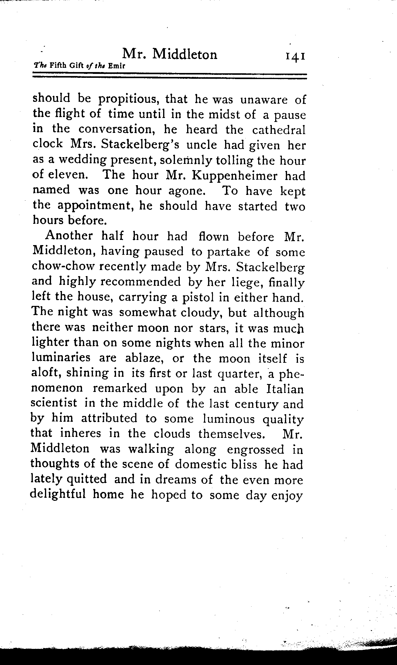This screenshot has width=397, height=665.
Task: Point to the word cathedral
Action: [278, 130]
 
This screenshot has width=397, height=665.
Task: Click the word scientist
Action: [54, 404]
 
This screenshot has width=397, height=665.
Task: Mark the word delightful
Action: [57, 495]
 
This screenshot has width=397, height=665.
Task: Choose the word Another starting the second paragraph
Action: [69, 236]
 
